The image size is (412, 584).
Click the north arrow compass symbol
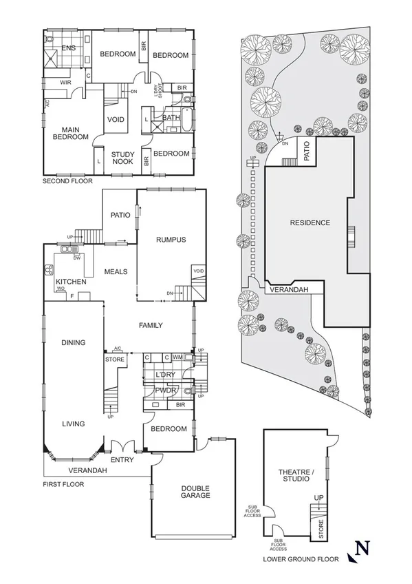tap(362, 549)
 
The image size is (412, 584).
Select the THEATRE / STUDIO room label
tap(296, 476)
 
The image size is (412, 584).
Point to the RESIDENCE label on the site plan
tap(310, 222)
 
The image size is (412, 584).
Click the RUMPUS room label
tap(171, 240)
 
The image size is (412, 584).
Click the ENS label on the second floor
tap(68, 48)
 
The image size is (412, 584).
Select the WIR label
tap(66, 83)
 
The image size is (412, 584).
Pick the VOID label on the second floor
tap(116, 120)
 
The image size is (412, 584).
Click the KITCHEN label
tap(70, 282)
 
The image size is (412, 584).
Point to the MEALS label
tap(116, 271)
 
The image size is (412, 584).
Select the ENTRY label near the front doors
tap(122, 459)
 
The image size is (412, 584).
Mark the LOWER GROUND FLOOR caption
tap(301, 560)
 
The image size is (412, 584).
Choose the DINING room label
tap(73, 342)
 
